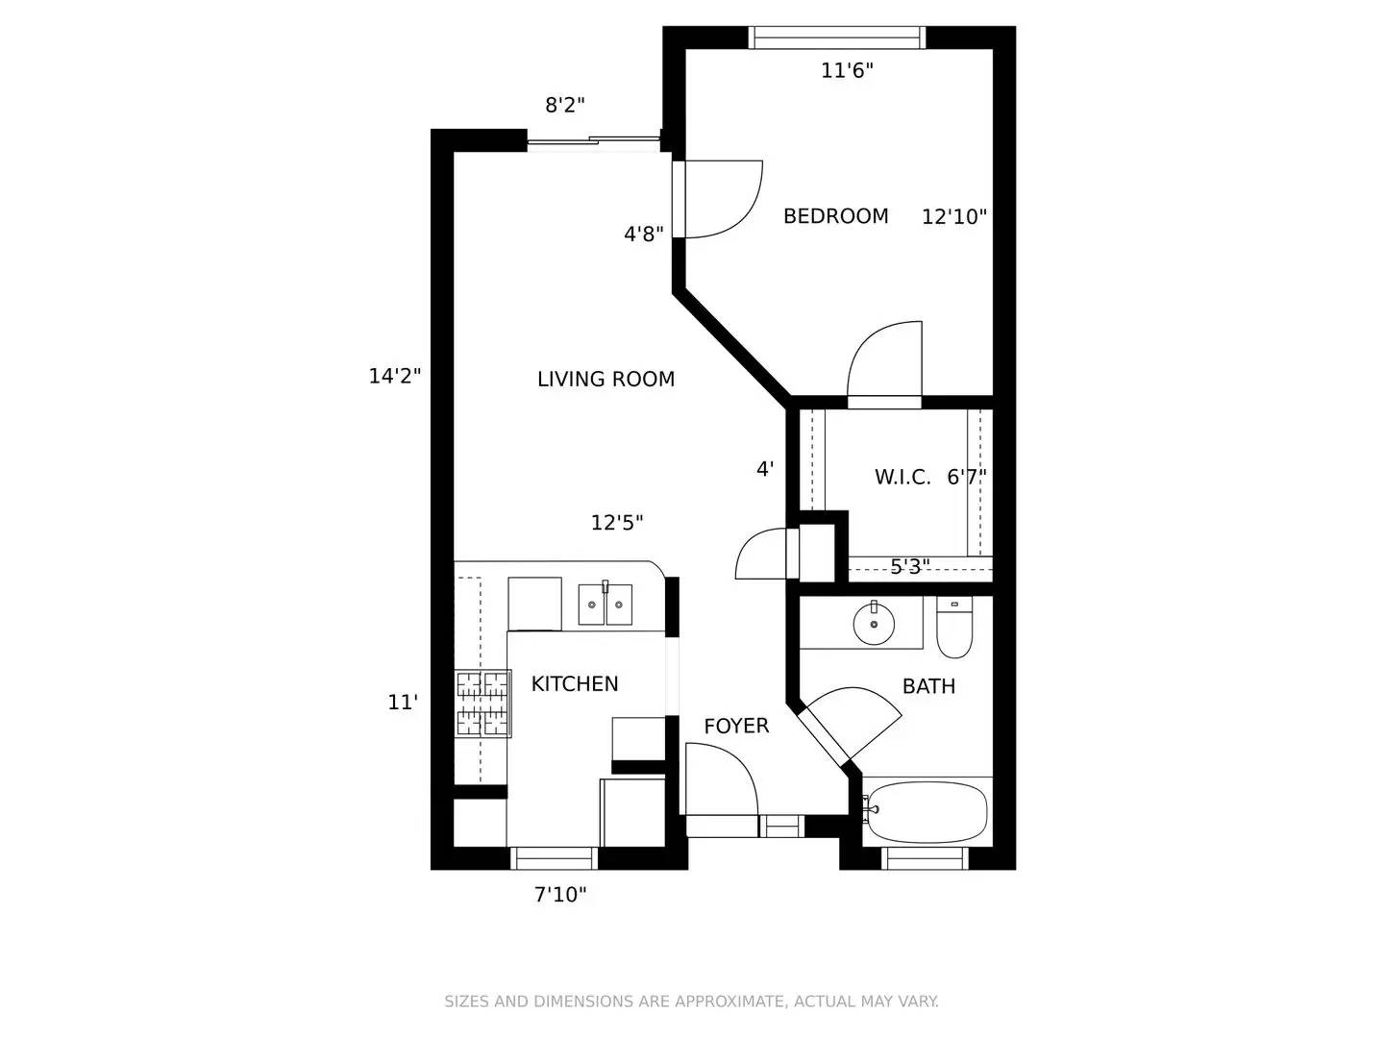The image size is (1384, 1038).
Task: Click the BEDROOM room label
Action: pyautogui.click(x=835, y=216)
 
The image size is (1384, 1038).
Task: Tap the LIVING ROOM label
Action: pyautogui.click(x=605, y=379)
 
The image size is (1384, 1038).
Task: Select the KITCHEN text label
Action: pyautogui.click(x=575, y=683)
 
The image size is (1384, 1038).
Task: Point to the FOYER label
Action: pyautogui.click(x=736, y=726)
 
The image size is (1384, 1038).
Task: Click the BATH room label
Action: pyautogui.click(x=928, y=686)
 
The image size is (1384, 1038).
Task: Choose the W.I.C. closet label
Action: pyautogui.click(x=902, y=477)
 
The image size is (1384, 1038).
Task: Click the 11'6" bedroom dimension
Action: pyautogui.click(x=847, y=70)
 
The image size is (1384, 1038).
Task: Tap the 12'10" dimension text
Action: pyautogui.click(x=954, y=217)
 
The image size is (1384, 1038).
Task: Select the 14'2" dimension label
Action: pyautogui.click(x=395, y=376)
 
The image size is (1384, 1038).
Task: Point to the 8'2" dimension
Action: pyautogui.click(x=565, y=105)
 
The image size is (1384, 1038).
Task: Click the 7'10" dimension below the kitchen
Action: pyautogui.click(x=560, y=894)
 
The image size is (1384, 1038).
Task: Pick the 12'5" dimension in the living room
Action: pyautogui.click(x=617, y=523)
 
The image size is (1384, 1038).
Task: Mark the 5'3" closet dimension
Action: pyautogui.click(x=910, y=567)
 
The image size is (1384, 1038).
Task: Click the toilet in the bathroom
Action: pyautogui.click(x=954, y=627)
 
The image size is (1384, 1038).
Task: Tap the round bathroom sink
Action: pyautogui.click(x=874, y=624)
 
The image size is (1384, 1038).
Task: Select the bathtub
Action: pyautogui.click(x=925, y=812)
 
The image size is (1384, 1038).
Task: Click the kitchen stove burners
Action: pyautogui.click(x=483, y=704)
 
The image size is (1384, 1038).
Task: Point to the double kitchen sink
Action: pyautogui.click(x=605, y=604)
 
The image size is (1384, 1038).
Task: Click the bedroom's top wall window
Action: pyautogui.click(x=837, y=37)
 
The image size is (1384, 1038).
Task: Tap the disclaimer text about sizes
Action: pyautogui.click(x=692, y=1001)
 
